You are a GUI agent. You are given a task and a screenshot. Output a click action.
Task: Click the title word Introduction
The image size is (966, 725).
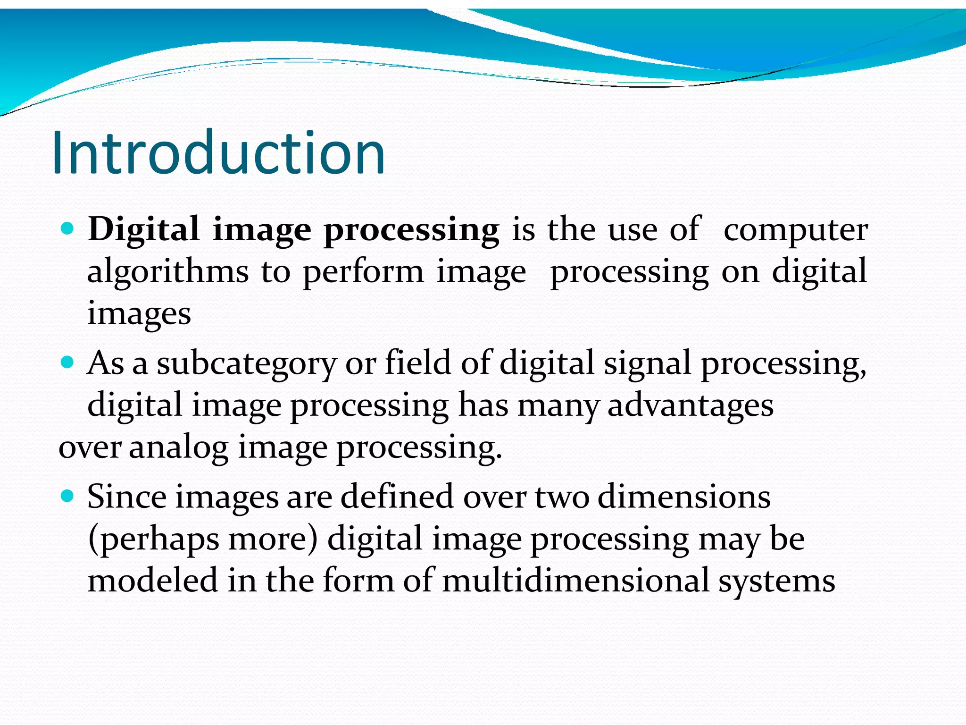coord(218,153)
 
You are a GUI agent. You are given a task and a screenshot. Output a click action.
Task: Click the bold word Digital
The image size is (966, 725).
coord(143,230)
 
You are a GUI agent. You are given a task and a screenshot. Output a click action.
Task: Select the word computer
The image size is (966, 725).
coord(795,230)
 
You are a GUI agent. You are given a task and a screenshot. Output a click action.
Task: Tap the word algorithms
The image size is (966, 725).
coord(168,271)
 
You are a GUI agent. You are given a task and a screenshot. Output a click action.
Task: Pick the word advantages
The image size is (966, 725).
coord(691,406)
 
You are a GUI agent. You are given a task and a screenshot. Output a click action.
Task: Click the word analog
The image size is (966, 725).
coord(178,447)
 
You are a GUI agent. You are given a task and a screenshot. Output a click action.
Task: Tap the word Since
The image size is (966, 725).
coord(127,497)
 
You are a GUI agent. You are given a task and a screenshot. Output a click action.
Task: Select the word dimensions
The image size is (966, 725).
coord(684,497)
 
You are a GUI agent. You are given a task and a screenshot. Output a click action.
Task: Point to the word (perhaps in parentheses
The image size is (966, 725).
coord(154,539)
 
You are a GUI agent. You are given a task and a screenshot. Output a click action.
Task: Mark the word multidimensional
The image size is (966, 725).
coord(576,580)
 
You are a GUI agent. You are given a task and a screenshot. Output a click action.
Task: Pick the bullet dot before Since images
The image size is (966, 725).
coord(68,496)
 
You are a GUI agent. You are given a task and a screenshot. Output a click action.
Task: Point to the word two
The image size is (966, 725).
coord(562,497)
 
